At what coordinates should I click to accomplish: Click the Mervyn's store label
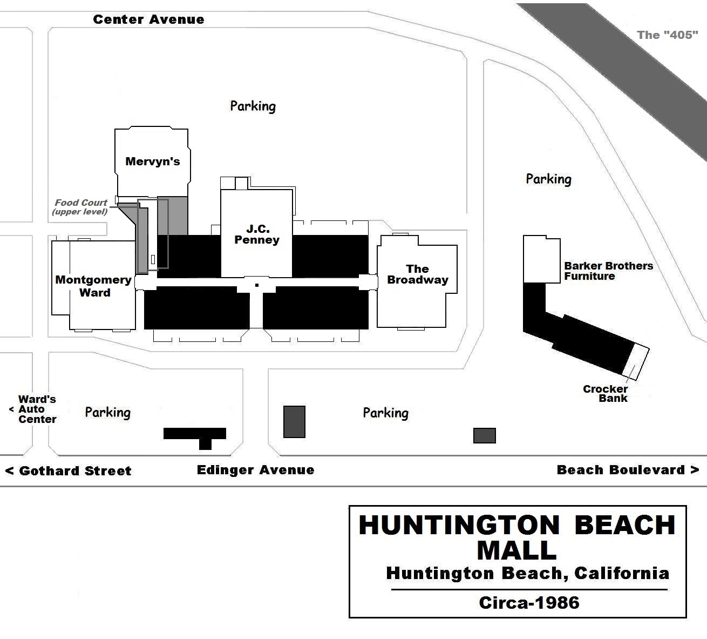pyautogui.click(x=152, y=162)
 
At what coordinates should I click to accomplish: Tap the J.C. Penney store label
pyautogui.click(x=257, y=234)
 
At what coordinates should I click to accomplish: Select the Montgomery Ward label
pyautogui.click(x=94, y=286)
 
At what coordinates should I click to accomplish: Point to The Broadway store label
pyautogui.click(x=418, y=274)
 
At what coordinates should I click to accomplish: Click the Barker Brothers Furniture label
pyautogui.click(x=608, y=271)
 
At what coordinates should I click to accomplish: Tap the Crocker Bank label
pyautogui.click(x=606, y=394)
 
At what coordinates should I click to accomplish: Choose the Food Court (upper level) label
pyautogui.click(x=80, y=207)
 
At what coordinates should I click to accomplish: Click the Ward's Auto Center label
pyautogui.click(x=37, y=409)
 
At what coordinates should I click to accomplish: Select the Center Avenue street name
pyautogui.click(x=148, y=20)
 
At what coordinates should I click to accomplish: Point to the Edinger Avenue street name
pyautogui.click(x=255, y=470)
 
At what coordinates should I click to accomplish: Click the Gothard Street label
pyautogui.click(x=69, y=471)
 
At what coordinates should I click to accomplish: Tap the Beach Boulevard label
pyautogui.click(x=627, y=470)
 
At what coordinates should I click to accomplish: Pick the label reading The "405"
pyautogui.click(x=667, y=35)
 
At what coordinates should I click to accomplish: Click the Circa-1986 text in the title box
pyautogui.click(x=529, y=603)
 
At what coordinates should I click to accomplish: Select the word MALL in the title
pyautogui.click(x=516, y=550)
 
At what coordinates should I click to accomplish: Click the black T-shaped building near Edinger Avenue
pyautogui.click(x=195, y=434)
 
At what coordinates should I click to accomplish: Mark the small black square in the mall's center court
pyautogui.click(x=257, y=285)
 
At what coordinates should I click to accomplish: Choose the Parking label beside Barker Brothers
pyautogui.click(x=548, y=179)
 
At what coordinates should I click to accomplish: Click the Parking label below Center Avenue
pyautogui.click(x=253, y=106)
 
